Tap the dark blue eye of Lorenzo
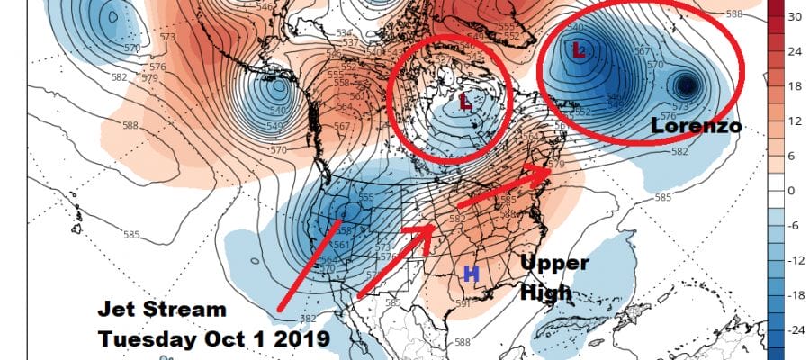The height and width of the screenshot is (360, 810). click(x=688, y=85)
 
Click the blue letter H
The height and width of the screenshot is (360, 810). click(x=469, y=274)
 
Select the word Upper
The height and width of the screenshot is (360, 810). click(x=554, y=264)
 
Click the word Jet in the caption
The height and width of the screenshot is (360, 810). click(x=117, y=311)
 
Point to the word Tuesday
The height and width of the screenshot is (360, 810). click(x=147, y=340)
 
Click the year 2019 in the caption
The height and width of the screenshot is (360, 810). click(x=296, y=340)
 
